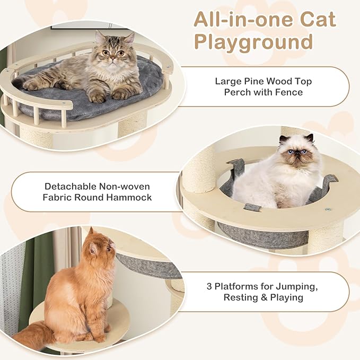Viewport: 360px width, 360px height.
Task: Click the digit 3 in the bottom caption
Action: [x=210, y=287]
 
